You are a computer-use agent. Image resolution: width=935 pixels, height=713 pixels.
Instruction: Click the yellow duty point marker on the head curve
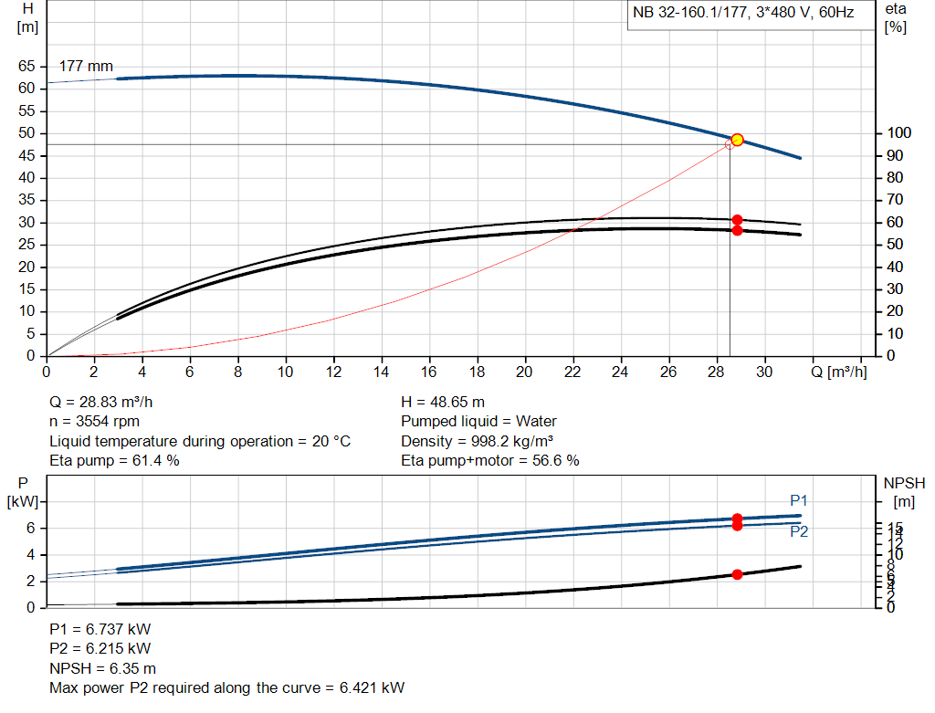737,140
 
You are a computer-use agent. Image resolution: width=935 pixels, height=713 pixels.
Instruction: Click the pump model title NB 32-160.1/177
742,14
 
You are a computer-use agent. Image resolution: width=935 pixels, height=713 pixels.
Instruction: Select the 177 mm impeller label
86,67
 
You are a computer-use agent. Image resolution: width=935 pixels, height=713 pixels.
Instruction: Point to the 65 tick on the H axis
27,67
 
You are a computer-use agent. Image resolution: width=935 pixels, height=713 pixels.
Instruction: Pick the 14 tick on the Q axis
382,372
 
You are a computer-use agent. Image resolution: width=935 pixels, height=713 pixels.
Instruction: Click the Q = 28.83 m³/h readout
108,402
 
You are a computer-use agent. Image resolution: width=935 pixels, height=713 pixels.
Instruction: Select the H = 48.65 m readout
443,402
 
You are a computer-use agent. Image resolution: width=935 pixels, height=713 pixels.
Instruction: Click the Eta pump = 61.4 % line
114,461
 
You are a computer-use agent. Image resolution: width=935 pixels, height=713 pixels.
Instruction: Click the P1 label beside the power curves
799,500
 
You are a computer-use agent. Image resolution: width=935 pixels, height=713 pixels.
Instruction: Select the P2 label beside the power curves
799,531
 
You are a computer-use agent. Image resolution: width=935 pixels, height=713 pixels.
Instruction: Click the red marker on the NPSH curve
737,574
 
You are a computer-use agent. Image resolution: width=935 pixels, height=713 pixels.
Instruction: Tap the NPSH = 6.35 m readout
102,668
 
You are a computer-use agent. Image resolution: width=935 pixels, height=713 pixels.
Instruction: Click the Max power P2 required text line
226,687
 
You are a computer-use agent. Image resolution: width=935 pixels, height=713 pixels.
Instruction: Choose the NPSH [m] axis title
901,491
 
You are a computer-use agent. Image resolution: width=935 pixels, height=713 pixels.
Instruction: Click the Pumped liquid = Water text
478,422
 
